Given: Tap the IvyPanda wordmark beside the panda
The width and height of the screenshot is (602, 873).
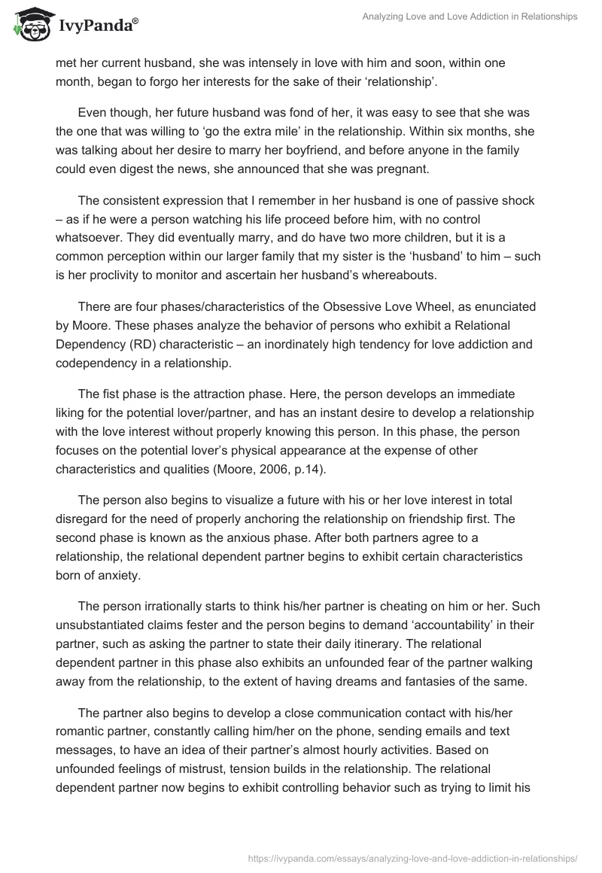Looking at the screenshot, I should pyautogui.click(x=96, y=25).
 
